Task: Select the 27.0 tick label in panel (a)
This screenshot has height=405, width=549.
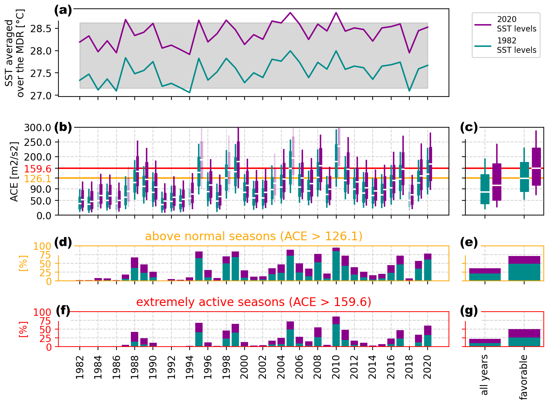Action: [x=41, y=95]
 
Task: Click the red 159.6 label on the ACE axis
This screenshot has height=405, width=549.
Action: [x=37, y=169]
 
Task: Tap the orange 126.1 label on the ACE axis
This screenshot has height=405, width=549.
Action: [x=37, y=179]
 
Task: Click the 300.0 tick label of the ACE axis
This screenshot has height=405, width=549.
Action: [x=37, y=128]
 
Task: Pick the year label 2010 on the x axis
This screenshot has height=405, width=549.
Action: [x=336, y=367]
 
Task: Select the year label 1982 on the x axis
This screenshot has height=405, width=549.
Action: [x=80, y=367]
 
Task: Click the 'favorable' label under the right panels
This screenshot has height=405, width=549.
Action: [x=524, y=377]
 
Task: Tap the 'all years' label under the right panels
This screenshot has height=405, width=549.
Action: [x=485, y=375]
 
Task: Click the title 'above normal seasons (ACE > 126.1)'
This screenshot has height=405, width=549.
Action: [x=254, y=236]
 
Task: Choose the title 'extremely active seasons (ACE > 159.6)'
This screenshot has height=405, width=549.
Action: [x=254, y=302]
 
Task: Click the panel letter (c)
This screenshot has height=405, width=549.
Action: [x=469, y=128]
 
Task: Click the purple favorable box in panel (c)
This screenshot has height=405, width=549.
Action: [x=536, y=166]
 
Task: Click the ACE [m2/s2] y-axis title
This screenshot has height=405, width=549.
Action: [x=14, y=171]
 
